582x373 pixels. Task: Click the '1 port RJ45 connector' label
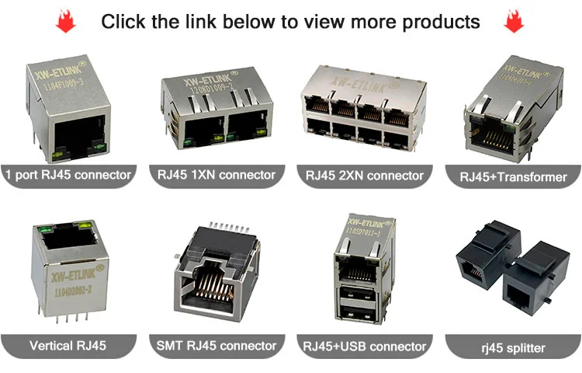tap(68, 175)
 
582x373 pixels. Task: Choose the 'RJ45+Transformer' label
tap(513, 177)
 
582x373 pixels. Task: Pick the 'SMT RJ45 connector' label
tap(217, 345)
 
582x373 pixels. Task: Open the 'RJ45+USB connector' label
tap(365, 346)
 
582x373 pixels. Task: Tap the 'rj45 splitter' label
tap(513, 347)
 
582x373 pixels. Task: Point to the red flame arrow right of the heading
tap(514, 23)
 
